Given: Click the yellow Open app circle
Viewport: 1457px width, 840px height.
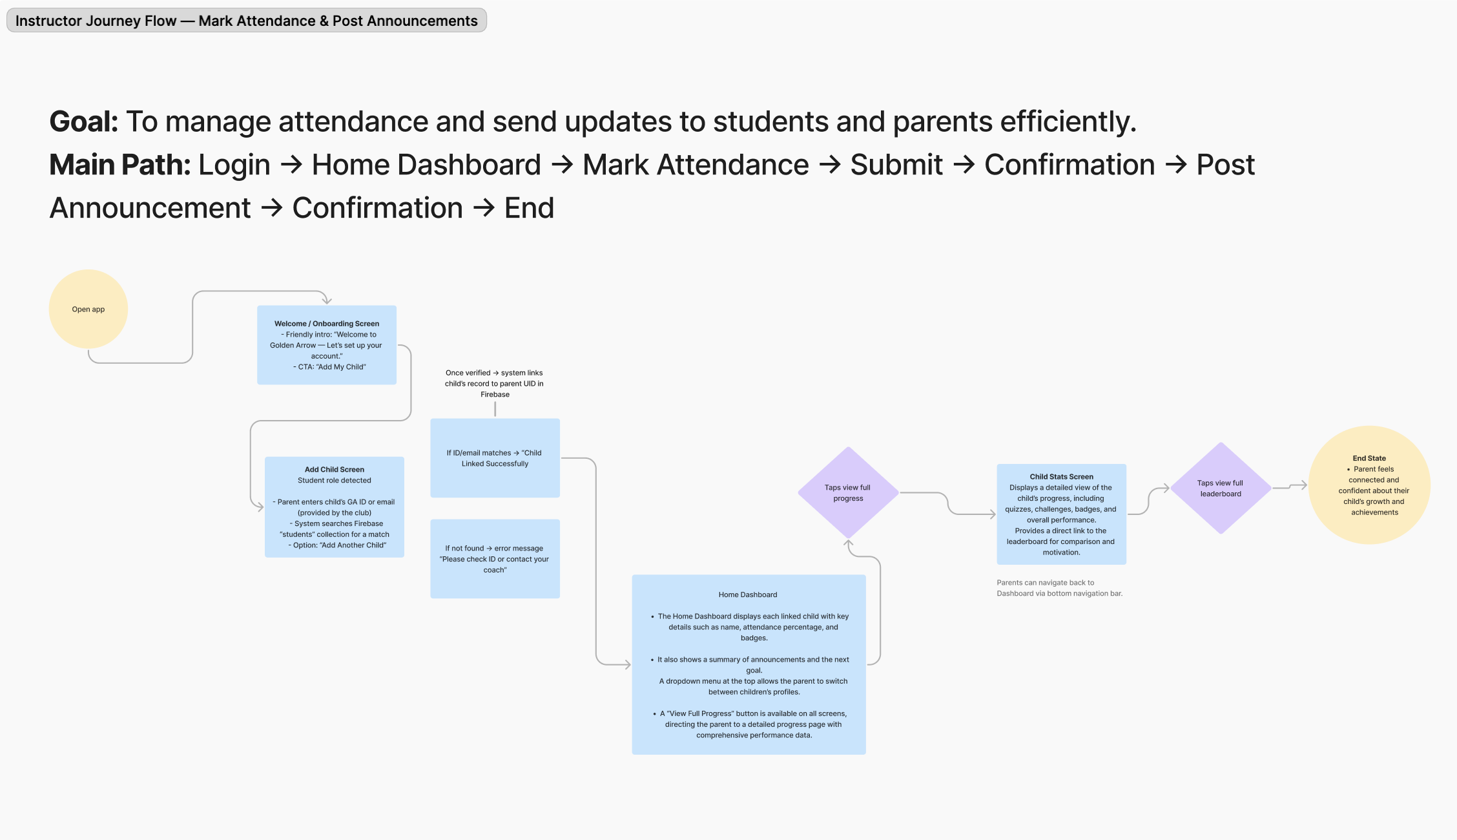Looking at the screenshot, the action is [x=88, y=309].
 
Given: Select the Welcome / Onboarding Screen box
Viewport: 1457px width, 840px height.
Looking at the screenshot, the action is [x=327, y=345].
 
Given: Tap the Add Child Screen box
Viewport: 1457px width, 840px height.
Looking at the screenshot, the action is [x=335, y=507].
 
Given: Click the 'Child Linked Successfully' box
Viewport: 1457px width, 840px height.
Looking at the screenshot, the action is [x=495, y=458].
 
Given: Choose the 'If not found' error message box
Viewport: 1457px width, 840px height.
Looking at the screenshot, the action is [x=495, y=559].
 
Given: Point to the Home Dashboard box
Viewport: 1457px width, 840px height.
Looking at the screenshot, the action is [x=749, y=664].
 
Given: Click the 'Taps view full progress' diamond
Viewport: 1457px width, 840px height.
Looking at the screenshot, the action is [x=849, y=492].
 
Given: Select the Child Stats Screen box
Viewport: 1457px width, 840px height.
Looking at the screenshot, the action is [x=1062, y=514].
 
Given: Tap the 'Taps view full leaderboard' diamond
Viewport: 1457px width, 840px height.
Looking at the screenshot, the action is [x=1221, y=488].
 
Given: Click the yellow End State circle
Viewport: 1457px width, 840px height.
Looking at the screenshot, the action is [x=1370, y=485].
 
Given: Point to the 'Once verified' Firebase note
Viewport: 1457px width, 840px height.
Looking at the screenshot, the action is [x=495, y=383].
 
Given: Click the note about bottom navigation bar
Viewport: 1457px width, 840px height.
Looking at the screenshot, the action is [x=1060, y=588].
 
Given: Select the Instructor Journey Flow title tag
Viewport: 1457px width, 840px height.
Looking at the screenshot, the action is [x=247, y=21].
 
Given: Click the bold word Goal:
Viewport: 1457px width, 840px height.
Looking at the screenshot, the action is [x=84, y=121].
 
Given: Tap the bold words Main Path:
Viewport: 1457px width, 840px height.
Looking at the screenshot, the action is [x=120, y=165].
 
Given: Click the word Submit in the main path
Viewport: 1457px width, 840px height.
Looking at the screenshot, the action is [x=896, y=165].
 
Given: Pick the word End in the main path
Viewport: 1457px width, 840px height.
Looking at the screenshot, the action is [x=529, y=208].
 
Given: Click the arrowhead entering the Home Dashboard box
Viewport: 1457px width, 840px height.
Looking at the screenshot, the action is [x=627, y=664].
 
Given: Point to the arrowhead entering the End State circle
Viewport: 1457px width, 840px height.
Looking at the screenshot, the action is [x=1304, y=485].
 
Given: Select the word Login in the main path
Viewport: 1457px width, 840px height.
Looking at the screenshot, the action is [x=234, y=165].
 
